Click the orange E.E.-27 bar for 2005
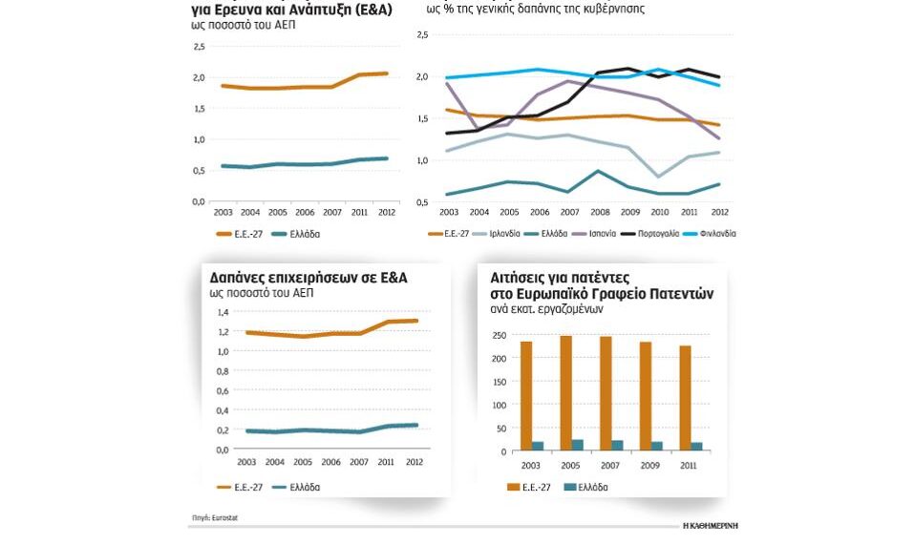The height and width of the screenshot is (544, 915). pyautogui.click(x=565, y=391)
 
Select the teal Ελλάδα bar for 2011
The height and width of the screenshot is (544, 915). pyautogui.click(x=697, y=445)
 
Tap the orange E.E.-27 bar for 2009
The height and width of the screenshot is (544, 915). pyautogui.click(x=646, y=395)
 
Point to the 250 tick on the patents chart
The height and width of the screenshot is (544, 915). pyautogui.click(x=498, y=335)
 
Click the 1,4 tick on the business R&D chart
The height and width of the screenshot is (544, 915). pyautogui.click(x=223, y=312)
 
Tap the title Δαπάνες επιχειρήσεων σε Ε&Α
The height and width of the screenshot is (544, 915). pyautogui.click(x=309, y=277)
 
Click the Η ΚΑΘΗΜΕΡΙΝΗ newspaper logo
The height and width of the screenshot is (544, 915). pyautogui.click(x=710, y=525)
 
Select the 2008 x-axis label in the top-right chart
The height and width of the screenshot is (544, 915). pyautogui.click(x=600, y=212)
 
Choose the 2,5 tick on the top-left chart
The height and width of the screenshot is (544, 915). pyautogui.click(x=199, y=47)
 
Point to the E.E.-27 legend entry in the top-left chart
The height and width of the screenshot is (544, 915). pyautogui.click(x=238, y=233)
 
